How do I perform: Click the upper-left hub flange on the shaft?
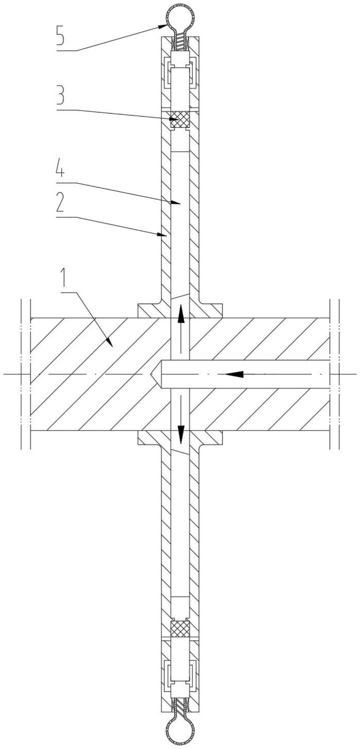149,310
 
